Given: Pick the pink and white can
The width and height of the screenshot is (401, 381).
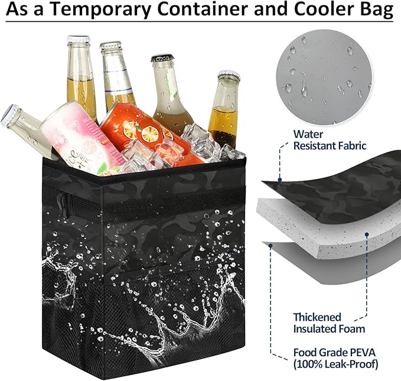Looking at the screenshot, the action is [79, 138].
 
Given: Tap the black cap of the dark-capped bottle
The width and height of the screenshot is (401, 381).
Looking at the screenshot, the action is [162, 58].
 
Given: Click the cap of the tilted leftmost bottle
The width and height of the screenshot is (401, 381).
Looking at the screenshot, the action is [9, 115].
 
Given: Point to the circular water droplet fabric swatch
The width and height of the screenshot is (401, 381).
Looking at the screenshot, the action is [324, 77].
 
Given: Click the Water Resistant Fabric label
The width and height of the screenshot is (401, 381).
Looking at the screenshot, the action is [330, 140].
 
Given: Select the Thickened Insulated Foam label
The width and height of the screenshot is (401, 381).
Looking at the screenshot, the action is [329, 323].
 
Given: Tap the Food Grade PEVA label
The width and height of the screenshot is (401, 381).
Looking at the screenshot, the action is [334, 352].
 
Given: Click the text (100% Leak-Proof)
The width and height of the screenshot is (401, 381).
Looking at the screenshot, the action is [335, 364].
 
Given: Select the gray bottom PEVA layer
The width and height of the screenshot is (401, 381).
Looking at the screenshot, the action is [332, 266].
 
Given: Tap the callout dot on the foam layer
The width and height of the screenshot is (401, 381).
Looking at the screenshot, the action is [367, 234].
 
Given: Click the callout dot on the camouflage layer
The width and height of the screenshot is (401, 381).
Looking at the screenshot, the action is [280, 180].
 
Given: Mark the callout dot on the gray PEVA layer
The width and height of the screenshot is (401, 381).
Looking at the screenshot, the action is [270, 246].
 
